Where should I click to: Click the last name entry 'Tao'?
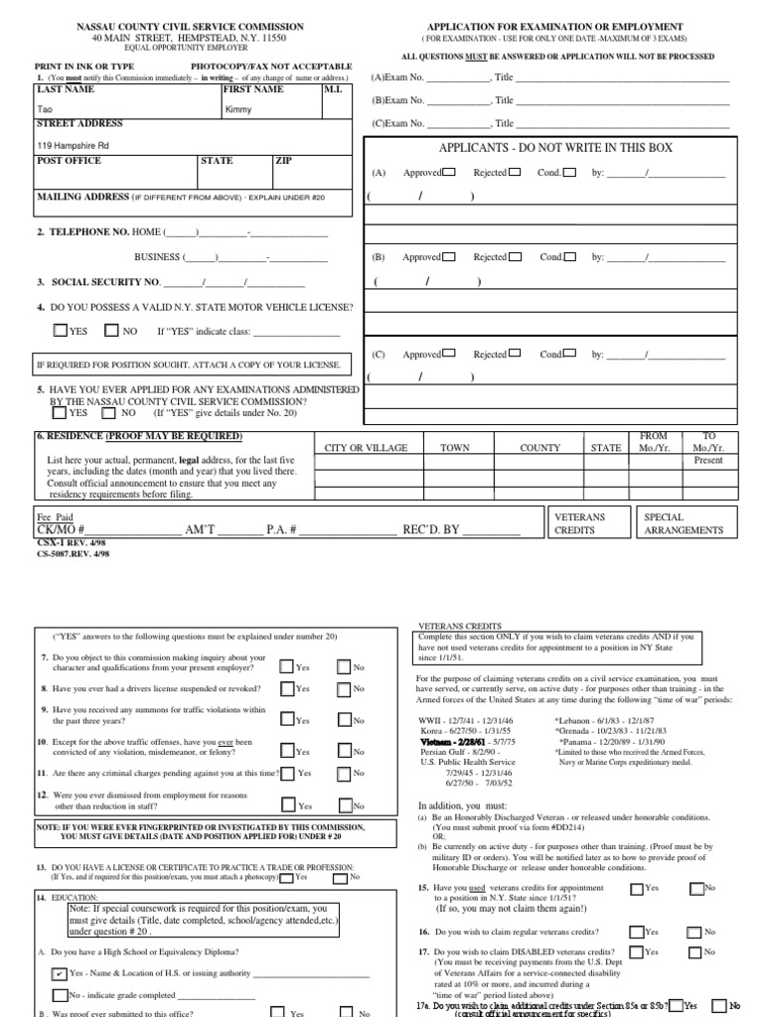coord(44,109)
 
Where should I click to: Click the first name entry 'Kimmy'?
coord(238,109)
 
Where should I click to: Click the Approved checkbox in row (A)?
coord(450,172)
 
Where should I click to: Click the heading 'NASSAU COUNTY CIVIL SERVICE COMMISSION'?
coord(191,27)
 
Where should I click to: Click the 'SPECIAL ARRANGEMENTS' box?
coord(684,523)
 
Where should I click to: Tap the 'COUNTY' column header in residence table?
coord(539,448)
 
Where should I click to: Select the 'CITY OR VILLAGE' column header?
coord(366,448)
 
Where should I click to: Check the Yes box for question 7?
coord(288,666)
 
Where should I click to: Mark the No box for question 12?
coord(345,804)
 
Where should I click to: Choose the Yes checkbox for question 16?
coord(637,932)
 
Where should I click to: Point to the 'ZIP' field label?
coord(284,160)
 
